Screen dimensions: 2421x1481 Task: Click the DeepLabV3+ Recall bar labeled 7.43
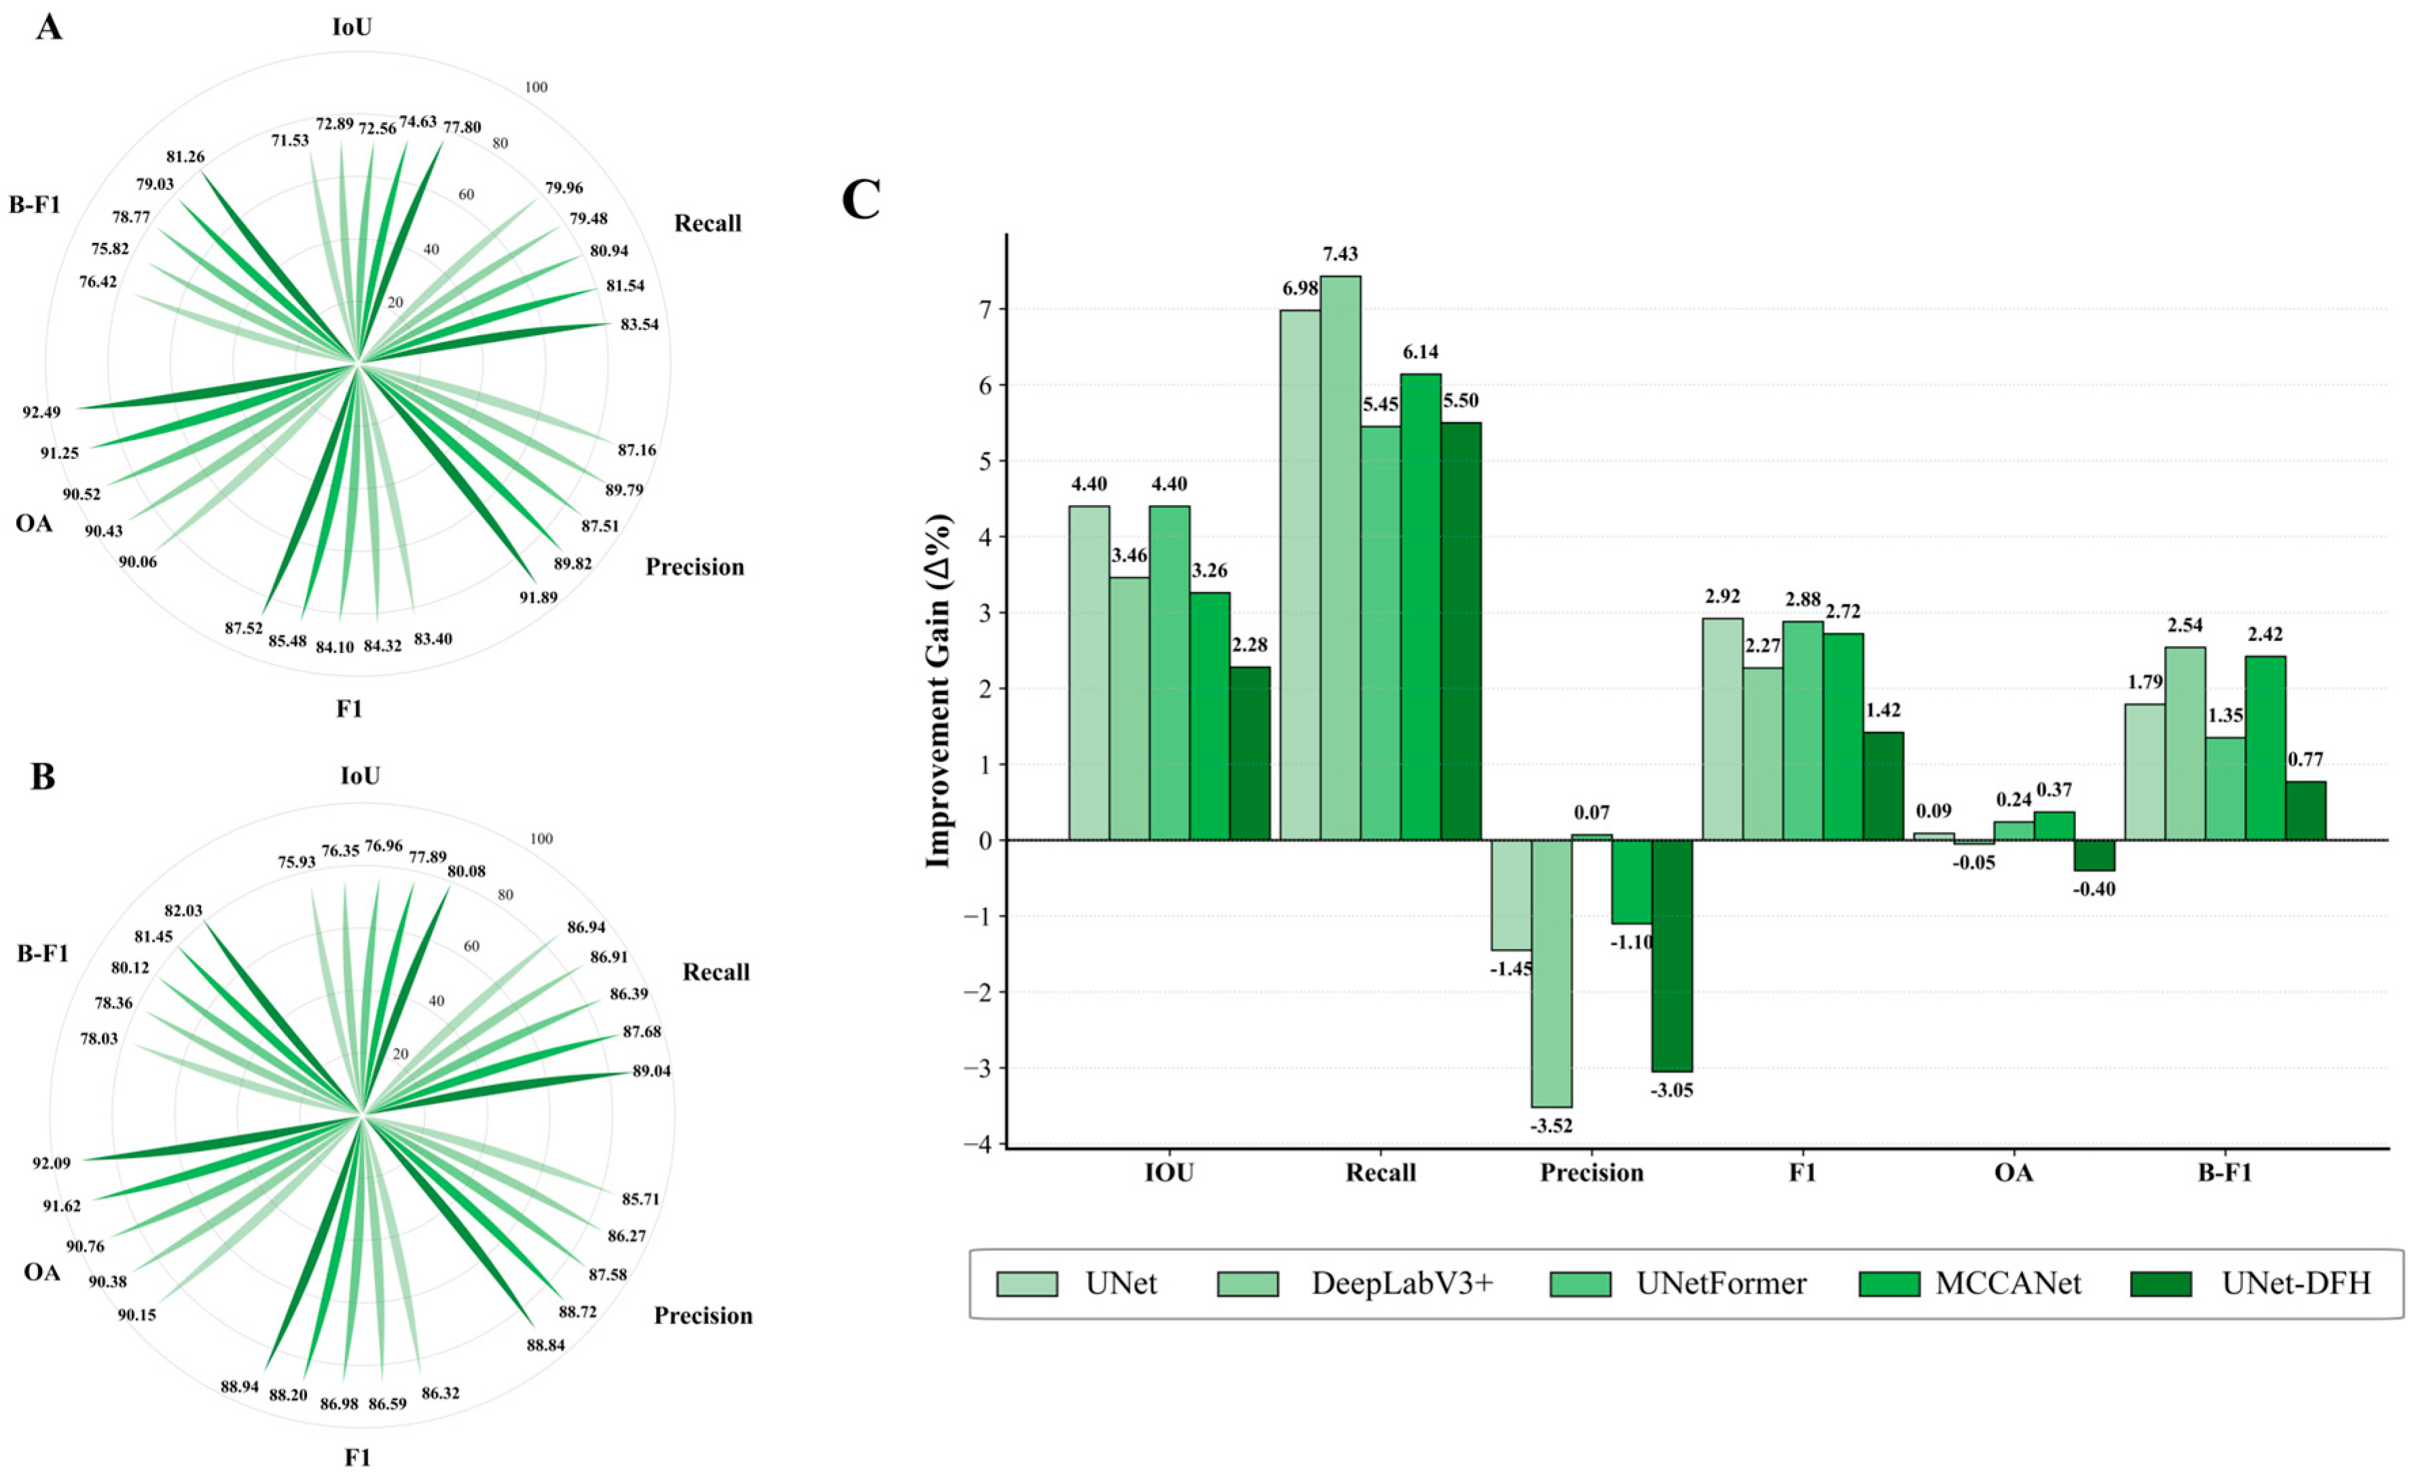click(x=1340, y=558)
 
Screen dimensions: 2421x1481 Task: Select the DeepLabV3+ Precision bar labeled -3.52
click(x=1552, y=973)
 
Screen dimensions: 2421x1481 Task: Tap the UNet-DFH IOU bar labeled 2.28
click(x=1250, y=753)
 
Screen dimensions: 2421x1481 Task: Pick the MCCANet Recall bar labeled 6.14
click(x=1421, y=607)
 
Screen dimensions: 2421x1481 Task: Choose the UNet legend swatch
click(x=1027, y=1283)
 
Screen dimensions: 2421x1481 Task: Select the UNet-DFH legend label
click(x=2296, y=1283)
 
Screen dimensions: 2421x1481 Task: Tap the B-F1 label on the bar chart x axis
click(x=2225, y=1173)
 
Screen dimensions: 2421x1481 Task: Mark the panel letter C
click(x=862, y=200)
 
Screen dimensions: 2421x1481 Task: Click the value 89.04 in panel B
click(x=651, y=1070)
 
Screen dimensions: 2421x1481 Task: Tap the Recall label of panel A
click(x=708, y=224)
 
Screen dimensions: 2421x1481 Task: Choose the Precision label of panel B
click(x=704, y=1316)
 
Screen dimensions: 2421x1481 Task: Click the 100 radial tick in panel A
click(x=536, y=88)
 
